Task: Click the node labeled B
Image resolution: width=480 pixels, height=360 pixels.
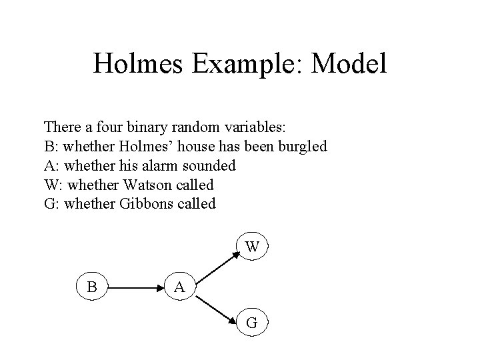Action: (92, 287)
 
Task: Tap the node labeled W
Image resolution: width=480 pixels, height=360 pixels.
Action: (251, 247)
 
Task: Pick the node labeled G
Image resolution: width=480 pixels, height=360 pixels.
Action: (251, 323)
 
